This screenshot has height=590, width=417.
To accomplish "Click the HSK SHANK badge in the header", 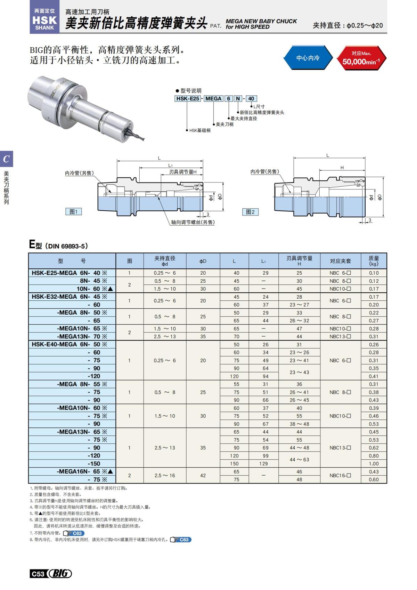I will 44,19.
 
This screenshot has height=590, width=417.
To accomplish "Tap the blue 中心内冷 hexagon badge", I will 308,58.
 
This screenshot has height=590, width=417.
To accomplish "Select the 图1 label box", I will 74,211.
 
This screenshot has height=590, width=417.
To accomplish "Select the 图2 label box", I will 250,212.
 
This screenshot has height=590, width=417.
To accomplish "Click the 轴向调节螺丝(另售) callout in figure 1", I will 193,222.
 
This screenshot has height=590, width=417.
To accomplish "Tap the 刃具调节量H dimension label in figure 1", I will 183,172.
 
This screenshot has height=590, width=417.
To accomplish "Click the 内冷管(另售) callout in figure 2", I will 264,171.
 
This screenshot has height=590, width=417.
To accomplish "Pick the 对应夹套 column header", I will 340,261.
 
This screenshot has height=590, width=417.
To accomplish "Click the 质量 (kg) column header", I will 374,261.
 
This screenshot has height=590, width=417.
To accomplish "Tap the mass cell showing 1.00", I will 374,463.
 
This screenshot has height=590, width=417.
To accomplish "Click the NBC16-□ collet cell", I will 340,475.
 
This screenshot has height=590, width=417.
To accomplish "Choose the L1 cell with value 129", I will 263,463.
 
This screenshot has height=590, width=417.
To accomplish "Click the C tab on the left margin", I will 6,159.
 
